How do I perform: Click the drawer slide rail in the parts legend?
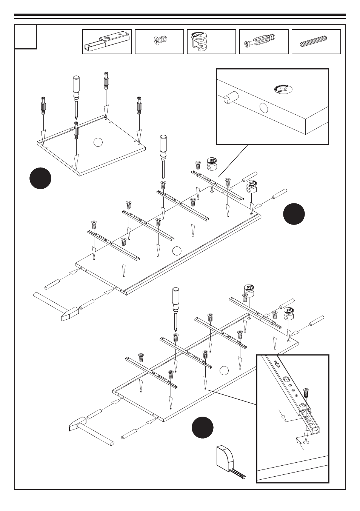click(107, 42)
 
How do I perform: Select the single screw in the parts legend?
click(160, 40)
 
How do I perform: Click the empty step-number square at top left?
click(26, 37)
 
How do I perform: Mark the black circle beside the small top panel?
click(40, 178)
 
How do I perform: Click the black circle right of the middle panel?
click(294, 214)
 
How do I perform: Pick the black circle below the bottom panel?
click(202, 428)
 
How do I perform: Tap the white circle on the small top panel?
click(98, 142)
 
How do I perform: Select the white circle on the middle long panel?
click(176, 250)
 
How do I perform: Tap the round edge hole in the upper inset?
click(264, 108)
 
